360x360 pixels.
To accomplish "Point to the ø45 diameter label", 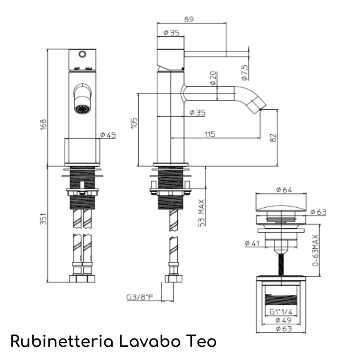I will pyautogui.click(x=107, y=135).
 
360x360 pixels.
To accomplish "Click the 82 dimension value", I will pyautogui.click(x=273, y=138).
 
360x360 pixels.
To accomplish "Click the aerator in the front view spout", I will pyautogui.click(x=83, y=107).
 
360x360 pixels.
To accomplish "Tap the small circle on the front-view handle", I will pyautogui.click(x=83, y=53).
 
